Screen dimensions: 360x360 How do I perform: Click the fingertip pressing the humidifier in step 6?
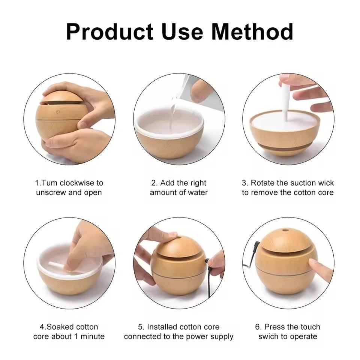click(311, 264)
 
